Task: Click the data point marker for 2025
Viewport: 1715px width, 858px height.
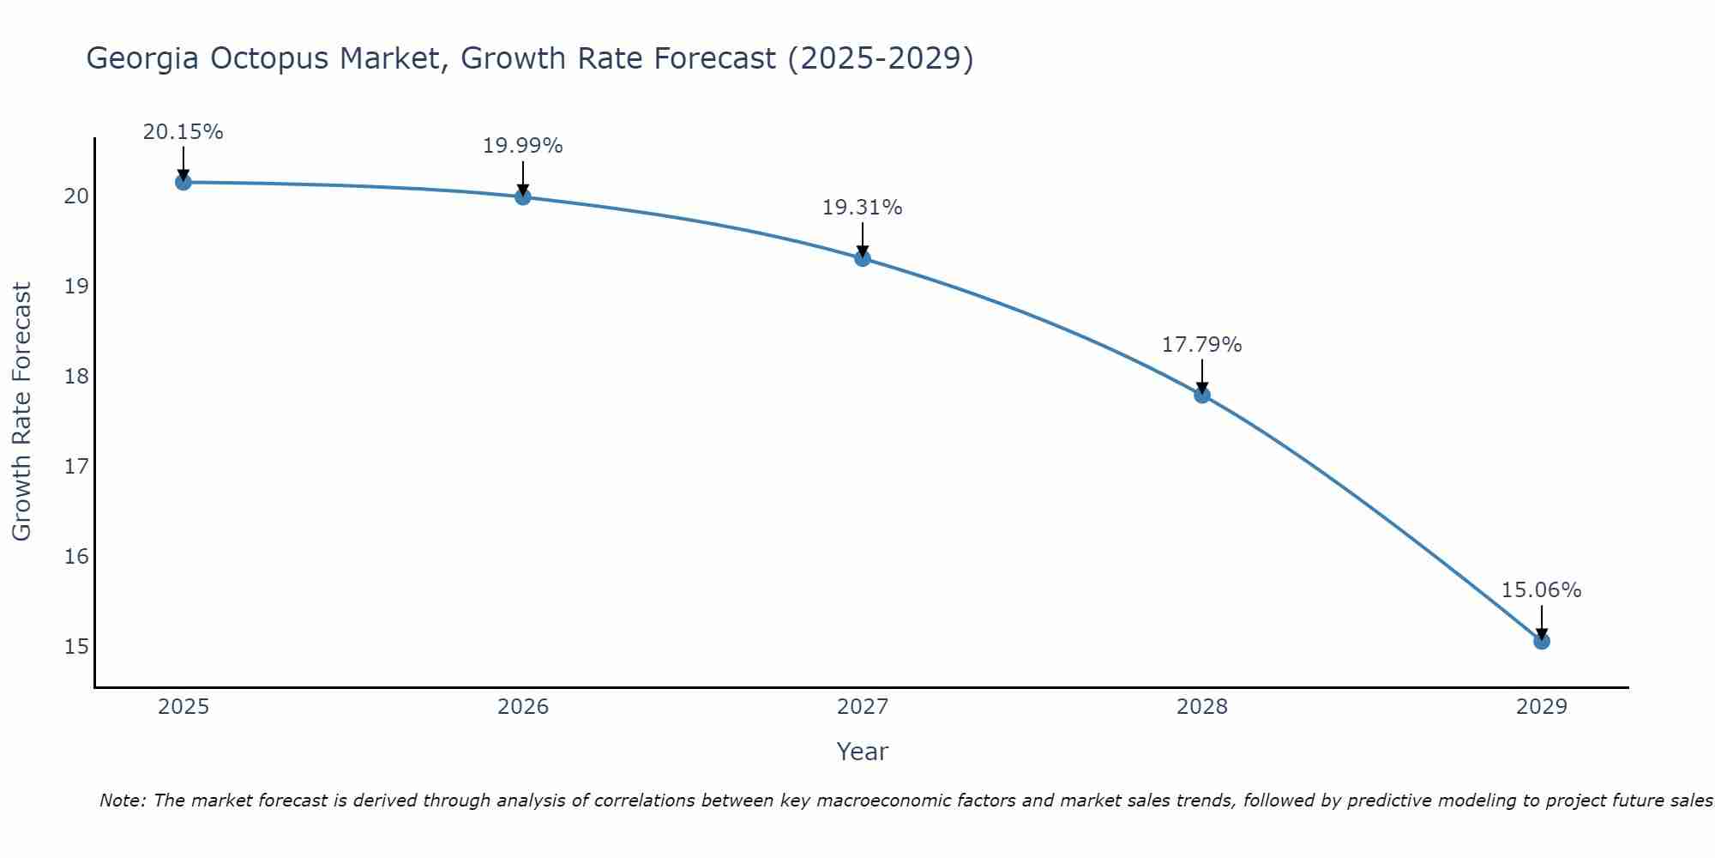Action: pyautogui.click(x=183, y=182)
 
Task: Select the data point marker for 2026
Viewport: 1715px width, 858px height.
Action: pyautogui.click(x=522, y=196)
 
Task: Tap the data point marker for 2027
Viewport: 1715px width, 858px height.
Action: pyautogui.click(x=863, y=258)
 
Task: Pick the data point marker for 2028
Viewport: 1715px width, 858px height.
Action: pyautogui.click(x=1202, y=395)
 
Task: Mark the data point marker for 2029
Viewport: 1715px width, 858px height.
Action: pyautogui.click(x=1541, y=641)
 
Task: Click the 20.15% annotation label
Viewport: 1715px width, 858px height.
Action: pyautogui.click(x=183, y=132)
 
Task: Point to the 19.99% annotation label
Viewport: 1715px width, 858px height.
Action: pyautogui.click(x=522, y=146)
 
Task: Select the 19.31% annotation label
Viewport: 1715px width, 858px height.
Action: pyautogui.click(x=862, y=208)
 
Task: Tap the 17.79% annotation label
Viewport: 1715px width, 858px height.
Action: pyautogui.click(x=1201, y=345)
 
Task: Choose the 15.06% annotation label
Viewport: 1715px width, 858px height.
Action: pyautogui.click(x=1541, y=590)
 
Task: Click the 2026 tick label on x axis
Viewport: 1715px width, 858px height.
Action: pyautogui.click(x=523, y=707)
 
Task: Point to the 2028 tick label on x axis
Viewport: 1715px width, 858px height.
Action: pyautogui.click(x=1202, y=707)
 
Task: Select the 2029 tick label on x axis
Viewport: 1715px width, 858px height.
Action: pyautogui.click(x=1541, y=707)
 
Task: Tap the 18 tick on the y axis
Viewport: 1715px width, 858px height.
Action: pyautogui.click(x=76, y=376)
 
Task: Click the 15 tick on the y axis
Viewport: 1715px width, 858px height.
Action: pyautogui.click(x=76, y=646)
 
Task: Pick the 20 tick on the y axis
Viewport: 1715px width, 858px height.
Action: pyautogui.click(x=76, y=196)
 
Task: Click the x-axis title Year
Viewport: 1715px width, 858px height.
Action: pyautogui.click(x=862, y=752)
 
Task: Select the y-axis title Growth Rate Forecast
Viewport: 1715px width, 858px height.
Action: pyautogui.click(x=22, y=412)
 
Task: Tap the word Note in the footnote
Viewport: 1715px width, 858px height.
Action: pyautogui.click(x=122, y=801)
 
